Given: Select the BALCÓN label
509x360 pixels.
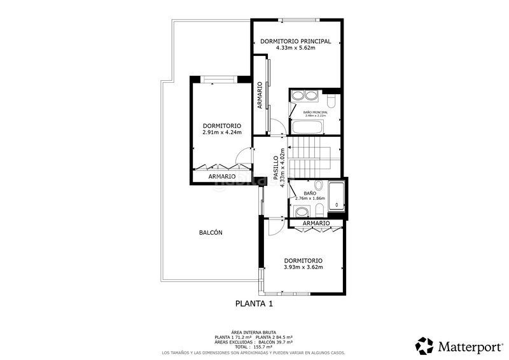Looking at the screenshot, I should click(x=211, y=233).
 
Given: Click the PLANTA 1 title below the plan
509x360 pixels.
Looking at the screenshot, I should click(x=254, y=304).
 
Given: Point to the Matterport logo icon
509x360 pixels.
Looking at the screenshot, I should click(x=424, y=345).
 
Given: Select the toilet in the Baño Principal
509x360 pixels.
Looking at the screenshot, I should click(x=331, y=103).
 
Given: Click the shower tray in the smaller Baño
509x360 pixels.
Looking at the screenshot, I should click(x=337, y=197).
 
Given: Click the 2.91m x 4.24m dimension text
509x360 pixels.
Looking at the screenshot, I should click(x=222, y=133).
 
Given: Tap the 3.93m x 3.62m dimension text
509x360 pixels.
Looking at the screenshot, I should click(x=303, y=267).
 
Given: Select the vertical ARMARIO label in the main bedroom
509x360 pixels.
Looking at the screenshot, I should click(x=260, y=95).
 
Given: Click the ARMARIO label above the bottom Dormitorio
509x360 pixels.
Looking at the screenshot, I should click(x=316, y=224).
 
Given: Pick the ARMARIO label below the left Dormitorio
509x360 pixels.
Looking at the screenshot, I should click(x=221, y=176).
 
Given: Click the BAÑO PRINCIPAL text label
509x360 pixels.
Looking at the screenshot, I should click(x=316, y=112).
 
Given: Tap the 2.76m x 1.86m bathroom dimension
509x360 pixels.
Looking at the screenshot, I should click(x=309, y=198).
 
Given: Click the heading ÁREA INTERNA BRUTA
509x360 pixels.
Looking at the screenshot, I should click(x=253, y=332).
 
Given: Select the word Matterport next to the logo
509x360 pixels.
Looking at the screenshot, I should click(x=470, y=346).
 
